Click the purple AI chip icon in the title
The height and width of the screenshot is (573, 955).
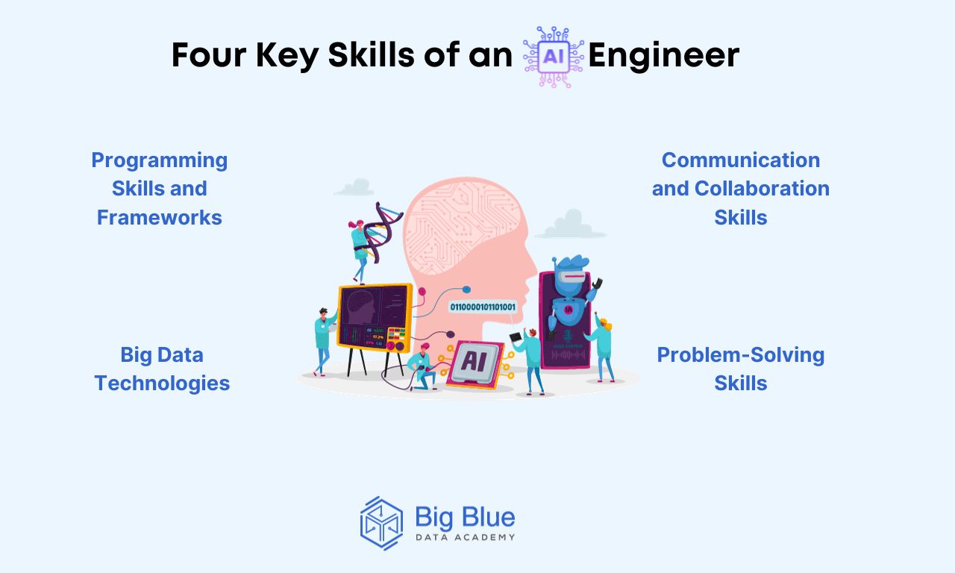pos(554,57)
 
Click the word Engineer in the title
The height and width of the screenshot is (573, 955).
pos(663,56)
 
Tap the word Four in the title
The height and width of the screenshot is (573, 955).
pos(209,55)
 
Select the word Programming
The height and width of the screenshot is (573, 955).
pos(160,161)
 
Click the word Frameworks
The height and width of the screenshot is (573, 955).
pos(160,217)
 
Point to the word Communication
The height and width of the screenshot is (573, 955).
pos(741,160)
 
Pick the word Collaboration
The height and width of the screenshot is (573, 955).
pos(762,189)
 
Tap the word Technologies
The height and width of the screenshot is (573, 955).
pos(162,383)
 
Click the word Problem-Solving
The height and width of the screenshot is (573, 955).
pos(741,356)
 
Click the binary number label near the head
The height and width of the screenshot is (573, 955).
pos(483,307)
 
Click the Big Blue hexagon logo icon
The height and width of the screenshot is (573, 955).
pos(381,523)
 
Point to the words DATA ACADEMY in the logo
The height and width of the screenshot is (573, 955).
pos(465,538)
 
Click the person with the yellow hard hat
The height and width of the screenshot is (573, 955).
pos(601,346)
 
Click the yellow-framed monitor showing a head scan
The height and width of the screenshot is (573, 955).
pos(375,317)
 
